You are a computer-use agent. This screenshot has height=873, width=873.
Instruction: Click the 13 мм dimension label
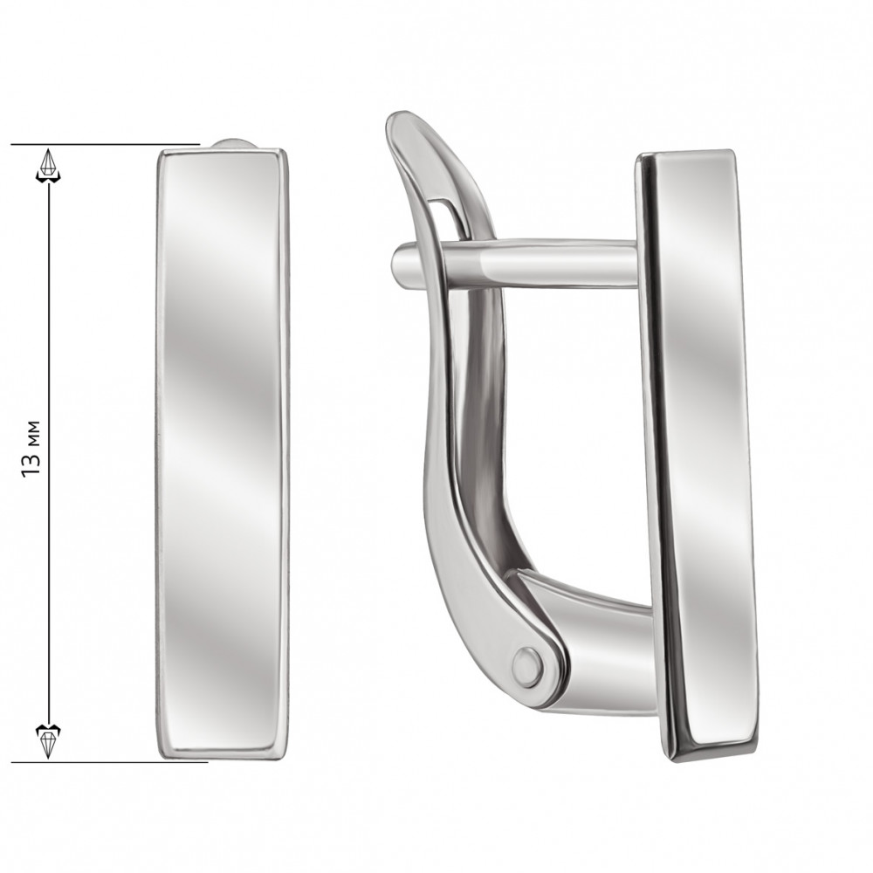click(x=31, y=447)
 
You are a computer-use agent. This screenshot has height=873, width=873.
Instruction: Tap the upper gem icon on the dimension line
click(x=48, y=165)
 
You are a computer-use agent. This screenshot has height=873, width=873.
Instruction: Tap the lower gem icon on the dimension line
click(x=48, y=740)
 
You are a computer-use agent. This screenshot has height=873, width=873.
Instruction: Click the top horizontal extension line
click(x=106, y=144)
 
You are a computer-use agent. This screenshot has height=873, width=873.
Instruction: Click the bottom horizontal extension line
click(x=109, y=762)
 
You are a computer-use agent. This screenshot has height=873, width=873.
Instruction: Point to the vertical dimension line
click(x=48, y=452)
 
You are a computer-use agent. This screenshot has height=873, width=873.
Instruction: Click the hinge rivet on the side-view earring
click(x=527, y=666)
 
